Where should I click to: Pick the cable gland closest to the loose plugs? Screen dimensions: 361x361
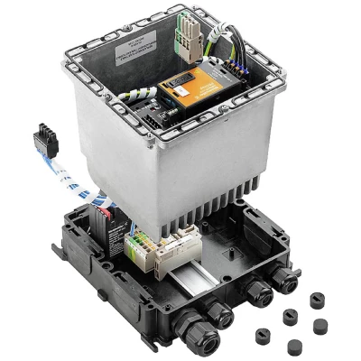(287, 281)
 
